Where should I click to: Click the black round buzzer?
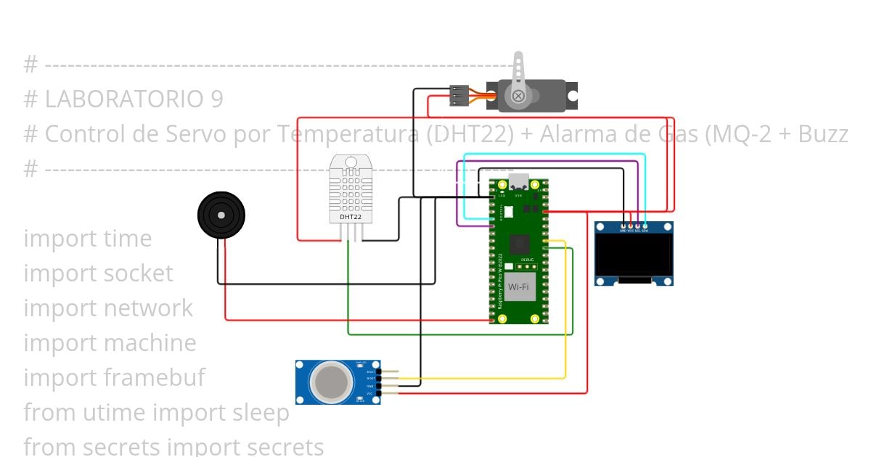coord(221,215)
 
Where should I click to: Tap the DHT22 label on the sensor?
coord(351,216)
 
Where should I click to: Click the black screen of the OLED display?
coord(634,254)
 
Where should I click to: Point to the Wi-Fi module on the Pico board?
coord(518,287)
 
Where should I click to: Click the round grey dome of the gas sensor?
coord(330,381)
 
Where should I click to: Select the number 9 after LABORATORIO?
coord(216,99)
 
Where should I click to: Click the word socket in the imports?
coord(138,273)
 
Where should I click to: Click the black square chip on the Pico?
coord(520,244)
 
